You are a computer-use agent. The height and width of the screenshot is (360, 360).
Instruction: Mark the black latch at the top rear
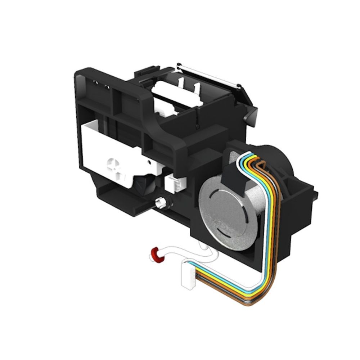(x=147, y=72)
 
